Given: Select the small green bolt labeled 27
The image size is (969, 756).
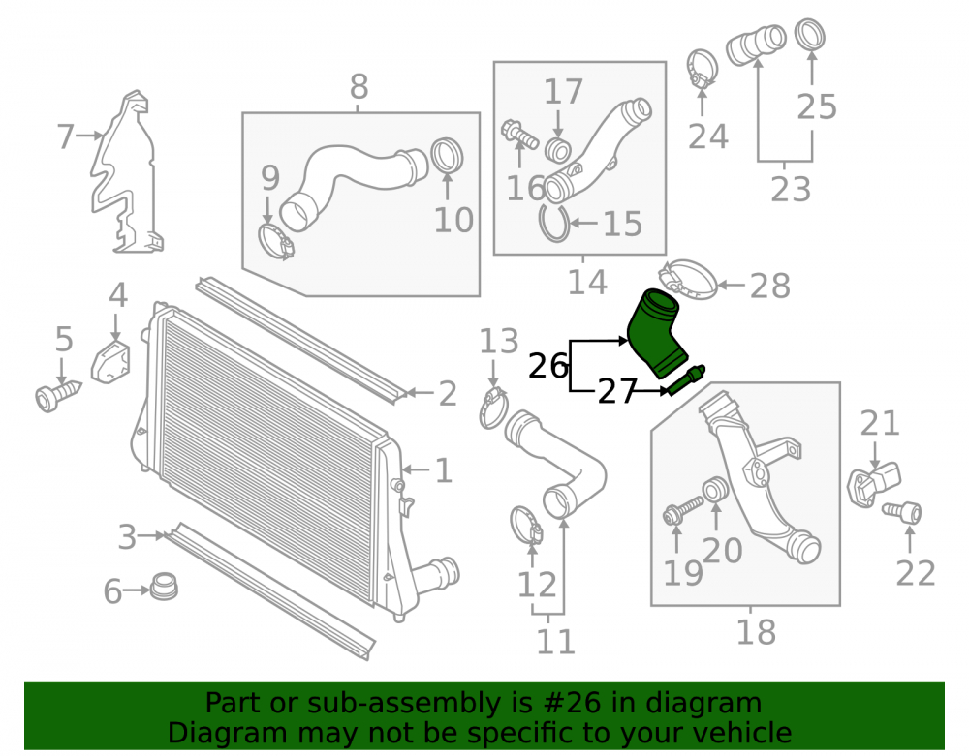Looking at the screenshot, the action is point(686,380).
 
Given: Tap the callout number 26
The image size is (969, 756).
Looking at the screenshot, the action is point(548,366).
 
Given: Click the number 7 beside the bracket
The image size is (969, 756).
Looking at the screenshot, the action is point(65,136).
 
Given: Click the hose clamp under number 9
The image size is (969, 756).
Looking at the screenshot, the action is point(275,243).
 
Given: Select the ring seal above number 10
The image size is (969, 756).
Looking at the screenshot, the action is point(446,157).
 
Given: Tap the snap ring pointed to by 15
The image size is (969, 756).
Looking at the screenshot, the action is point(554,224).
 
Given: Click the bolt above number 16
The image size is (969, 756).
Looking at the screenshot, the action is point(518,134).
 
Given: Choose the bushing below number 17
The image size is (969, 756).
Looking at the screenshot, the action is point(558,150).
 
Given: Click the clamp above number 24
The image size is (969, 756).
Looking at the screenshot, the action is point(702,68).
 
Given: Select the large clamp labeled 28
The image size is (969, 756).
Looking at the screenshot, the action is point(689,280).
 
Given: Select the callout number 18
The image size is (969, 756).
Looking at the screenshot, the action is point(756,632).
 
